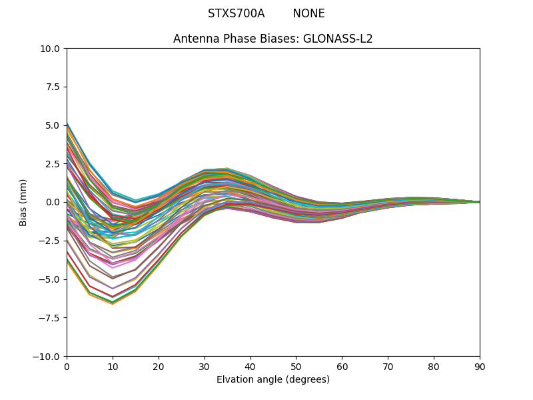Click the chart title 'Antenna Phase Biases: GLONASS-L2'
272,39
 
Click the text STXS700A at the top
236,13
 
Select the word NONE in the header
308,13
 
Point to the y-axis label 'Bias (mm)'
23,202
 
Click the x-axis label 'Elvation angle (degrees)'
272,379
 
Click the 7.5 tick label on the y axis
53,87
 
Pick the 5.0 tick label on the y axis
53,125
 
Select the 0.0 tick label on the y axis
53,202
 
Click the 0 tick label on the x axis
67,367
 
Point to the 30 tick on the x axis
205,367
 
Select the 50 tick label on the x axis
296,367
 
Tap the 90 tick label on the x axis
480,367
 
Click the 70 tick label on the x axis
388,367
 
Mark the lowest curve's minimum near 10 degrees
113,304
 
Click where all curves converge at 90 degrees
479,202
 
